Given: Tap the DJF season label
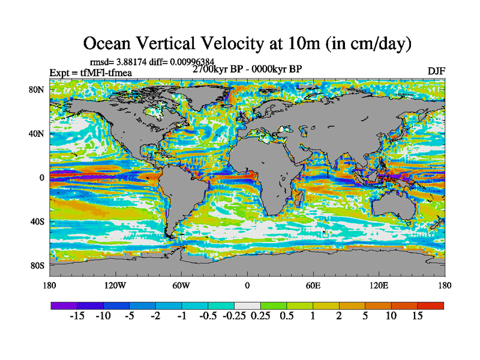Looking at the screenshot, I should coord(436,71).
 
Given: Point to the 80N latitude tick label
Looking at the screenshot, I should coord(37,89).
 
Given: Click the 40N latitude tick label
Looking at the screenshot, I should coord(37,134).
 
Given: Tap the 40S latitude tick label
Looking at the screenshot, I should coord(37,221).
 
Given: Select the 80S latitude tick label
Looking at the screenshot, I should coord(37,265).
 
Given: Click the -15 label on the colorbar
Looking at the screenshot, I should coord(77,316).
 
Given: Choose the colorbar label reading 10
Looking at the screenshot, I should coord(391,316).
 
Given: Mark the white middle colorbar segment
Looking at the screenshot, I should coord(247,305).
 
